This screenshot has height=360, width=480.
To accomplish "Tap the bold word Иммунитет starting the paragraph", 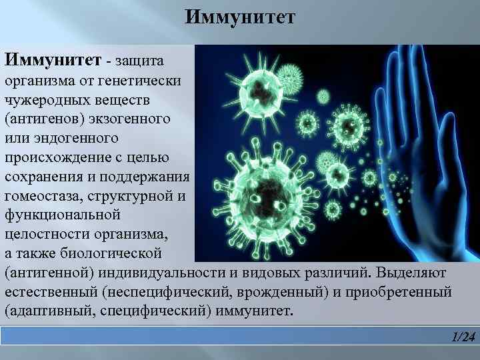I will tap(53, 61).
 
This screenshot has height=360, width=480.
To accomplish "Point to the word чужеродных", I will tap(45, 100).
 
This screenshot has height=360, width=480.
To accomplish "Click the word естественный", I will tap(51, 293).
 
